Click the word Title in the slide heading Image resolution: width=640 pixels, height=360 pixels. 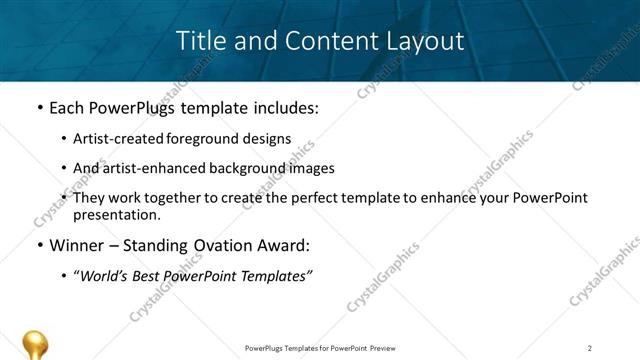198,42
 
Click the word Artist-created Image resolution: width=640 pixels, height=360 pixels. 115,139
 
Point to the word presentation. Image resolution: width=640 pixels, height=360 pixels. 116,214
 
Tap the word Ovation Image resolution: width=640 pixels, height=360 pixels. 209,245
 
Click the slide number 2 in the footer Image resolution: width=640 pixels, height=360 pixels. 590,347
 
